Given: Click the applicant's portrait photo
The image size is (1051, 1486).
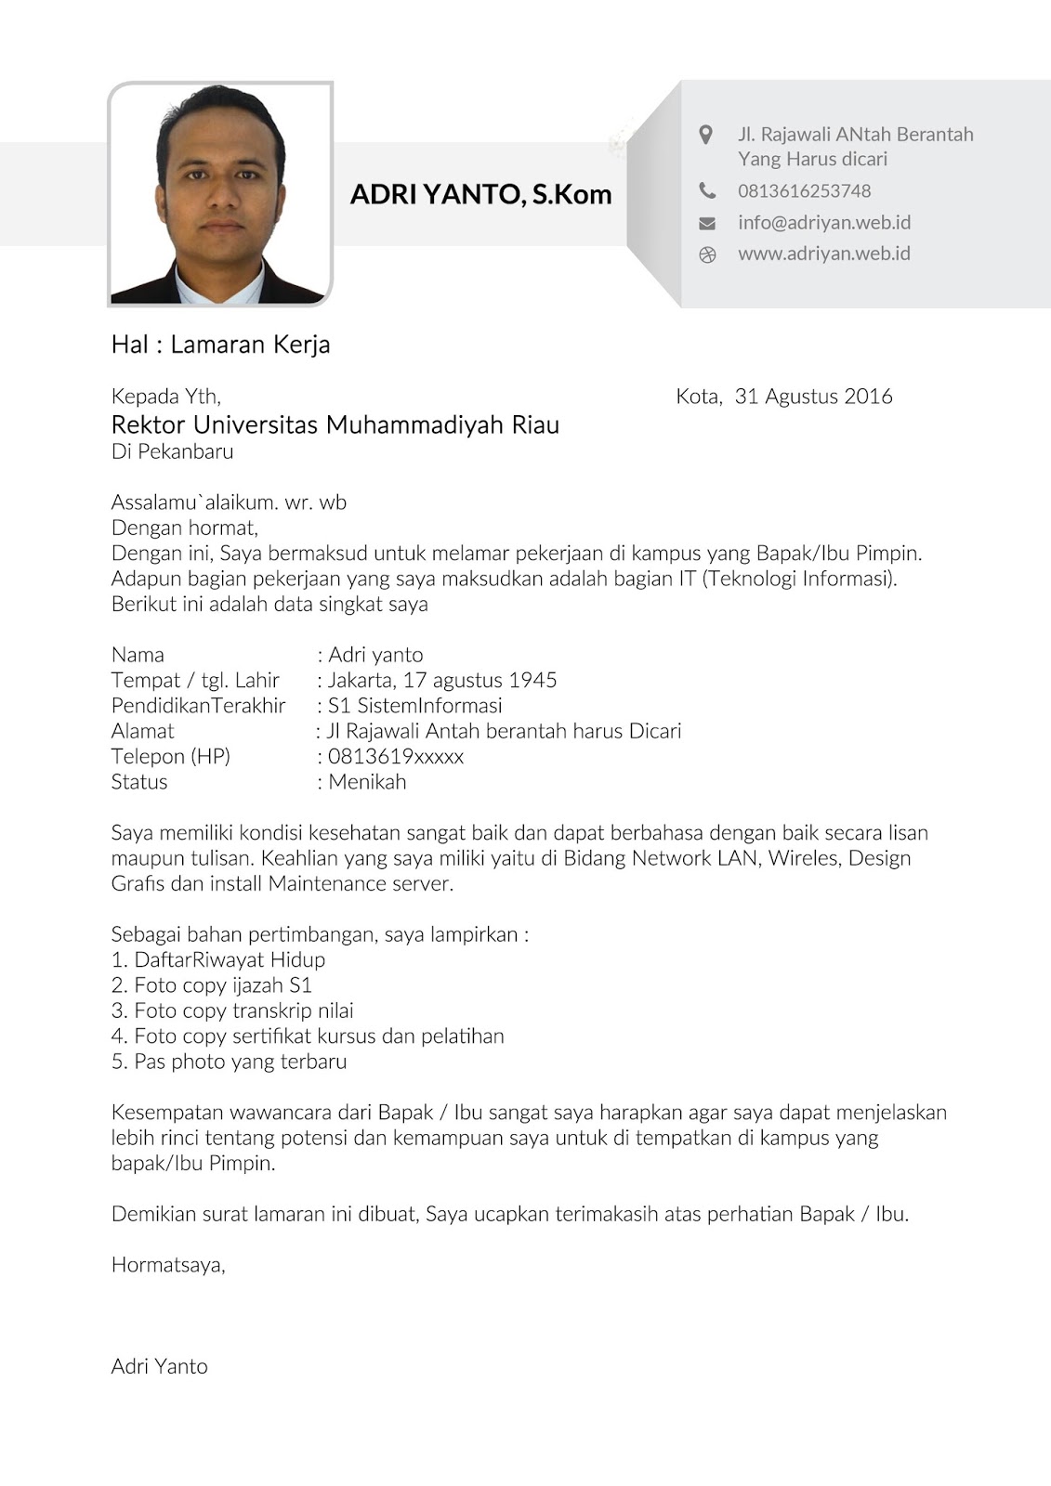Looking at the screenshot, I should [x=220, y=194].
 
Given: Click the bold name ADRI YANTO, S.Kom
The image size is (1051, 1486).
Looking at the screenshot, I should [x=480, y=194].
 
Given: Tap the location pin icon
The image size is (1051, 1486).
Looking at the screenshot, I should [x=706, y=135].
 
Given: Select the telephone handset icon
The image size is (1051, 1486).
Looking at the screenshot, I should [x=707, y=190].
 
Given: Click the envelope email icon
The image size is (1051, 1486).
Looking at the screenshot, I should [x=707, y=223].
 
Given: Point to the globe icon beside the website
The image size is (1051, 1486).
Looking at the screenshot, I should [x=707, y=254].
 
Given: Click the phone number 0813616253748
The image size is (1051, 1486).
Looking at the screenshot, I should [x=804, y=190].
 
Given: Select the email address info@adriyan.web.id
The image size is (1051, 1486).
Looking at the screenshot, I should [x=823, y=222].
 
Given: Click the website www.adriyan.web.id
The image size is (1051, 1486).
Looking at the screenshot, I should [x=823, y=254].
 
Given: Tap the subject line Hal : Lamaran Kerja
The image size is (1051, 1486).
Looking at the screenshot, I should [x=220, y=345].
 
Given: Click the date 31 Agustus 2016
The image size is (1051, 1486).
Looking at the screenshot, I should [x=813, y=397].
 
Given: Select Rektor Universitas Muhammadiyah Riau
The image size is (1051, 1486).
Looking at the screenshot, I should [x=335, y=425].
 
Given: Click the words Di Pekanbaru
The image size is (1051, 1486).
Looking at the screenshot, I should [x=172, y=452].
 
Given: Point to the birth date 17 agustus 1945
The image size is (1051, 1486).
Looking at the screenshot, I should [x=480, y=680].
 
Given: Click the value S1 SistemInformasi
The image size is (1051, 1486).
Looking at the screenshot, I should [x=414, y=706].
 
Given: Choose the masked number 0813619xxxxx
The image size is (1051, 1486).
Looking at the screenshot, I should [x=395, y=756].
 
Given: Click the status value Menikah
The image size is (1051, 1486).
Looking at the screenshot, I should [x=367, y=782].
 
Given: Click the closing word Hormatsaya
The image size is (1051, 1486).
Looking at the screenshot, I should [x=167, y=1264].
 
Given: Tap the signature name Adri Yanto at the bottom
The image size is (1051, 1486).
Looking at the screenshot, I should [x=159, y=1366].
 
